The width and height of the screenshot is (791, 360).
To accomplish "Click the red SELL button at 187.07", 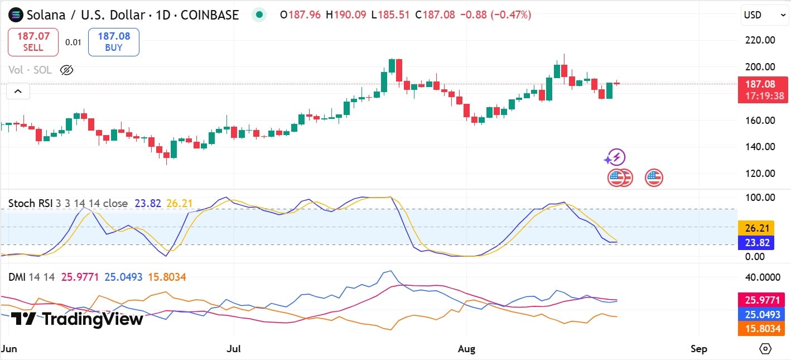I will [33, 42].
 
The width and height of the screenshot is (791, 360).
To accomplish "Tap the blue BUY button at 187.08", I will [114, 42].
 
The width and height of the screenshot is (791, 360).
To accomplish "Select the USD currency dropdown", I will [765, 16].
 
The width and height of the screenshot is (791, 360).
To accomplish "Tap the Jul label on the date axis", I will [234, 349].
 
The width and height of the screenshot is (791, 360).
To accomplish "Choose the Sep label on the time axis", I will [698, 349].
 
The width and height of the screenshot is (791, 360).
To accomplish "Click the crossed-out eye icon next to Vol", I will [66, 70].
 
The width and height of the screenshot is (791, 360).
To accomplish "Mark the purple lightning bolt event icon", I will [616, 157].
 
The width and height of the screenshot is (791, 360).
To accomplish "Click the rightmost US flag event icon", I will [654, 178].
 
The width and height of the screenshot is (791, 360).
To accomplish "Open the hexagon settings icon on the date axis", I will [765, 349].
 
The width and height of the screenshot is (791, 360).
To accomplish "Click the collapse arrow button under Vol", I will [18, 91].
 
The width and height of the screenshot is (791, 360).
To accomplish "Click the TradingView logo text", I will [78, 319].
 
